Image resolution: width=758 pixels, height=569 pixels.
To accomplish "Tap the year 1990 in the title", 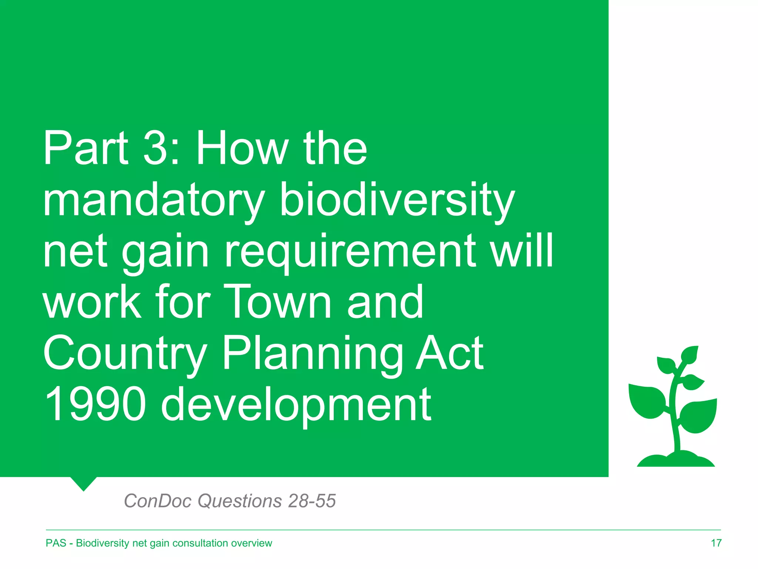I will pyautogui.click(x=94, y=404).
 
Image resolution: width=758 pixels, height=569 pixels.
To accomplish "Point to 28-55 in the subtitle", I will pyautogui.click(x=312, y=501).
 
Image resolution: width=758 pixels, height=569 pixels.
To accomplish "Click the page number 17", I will pyautogui.click(x=716, y=543).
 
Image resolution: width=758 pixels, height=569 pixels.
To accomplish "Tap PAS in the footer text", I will pyautogui.click(x=56, y=543).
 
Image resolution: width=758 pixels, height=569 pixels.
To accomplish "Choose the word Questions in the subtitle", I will pyautogui.click(x=240, y=501).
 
